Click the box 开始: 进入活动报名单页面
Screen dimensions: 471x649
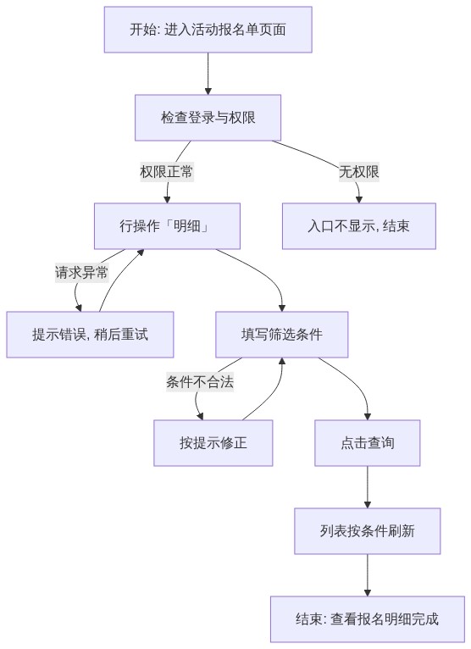[208, 30]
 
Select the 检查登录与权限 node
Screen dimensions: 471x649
[208, 118]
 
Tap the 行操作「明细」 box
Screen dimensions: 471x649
[167, 226]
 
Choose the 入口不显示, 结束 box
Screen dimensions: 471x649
[359, 226]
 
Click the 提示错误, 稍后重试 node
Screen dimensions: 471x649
[90, 335]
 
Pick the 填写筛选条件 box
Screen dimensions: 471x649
[282, 335]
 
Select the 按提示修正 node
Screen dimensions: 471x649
[213, 443]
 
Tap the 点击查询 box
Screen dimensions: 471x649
[368, 443]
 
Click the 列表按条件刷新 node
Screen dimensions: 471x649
[368, 531]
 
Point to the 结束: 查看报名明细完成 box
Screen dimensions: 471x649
[368, 619]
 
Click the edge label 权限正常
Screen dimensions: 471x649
[166, 172]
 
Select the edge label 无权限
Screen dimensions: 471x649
[359, 172]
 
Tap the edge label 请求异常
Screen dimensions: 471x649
[81, 272]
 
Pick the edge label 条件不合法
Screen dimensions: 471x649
[200, 381]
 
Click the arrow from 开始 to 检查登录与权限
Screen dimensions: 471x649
[208, 74]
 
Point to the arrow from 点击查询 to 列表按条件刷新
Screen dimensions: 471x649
[368, 487]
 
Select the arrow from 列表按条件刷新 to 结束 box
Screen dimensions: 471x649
[368, 575]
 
